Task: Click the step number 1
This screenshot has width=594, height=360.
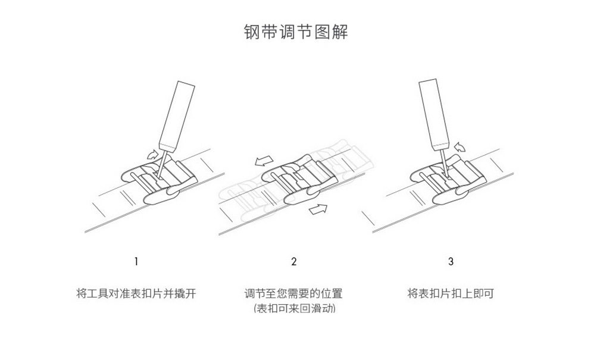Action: [136, 261]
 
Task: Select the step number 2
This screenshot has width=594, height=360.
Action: [294, 261]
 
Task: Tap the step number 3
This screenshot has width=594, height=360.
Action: [451, 261]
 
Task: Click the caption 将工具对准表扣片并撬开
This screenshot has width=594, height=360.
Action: [136, 293]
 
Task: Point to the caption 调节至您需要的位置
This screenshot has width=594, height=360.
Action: [294, 293]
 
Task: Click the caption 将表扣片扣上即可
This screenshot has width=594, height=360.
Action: [451, 293]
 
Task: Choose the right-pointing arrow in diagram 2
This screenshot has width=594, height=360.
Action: [320, 208]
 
